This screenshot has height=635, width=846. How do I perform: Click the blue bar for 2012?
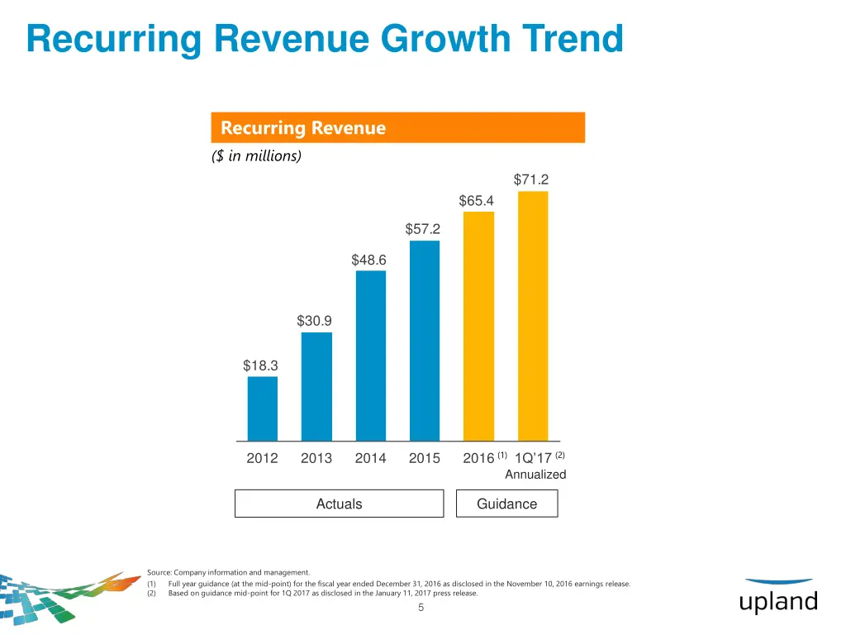[x=263, y=408]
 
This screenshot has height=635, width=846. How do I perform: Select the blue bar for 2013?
[x=316, y=386]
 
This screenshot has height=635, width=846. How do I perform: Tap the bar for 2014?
[x=371, y=356]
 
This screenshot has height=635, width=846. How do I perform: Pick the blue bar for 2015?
[x=425, y=341]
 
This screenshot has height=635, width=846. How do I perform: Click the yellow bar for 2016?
[x=478, y=326]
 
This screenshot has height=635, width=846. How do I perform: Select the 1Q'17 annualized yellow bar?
[x=533, y=316]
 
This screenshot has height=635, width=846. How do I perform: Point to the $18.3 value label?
[x=260, y=365]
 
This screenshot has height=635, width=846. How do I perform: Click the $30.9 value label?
[x=315, y=320]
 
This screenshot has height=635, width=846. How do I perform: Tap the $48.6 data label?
[x=368, y=260]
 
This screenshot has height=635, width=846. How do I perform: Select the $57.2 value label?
[x=423, y=228]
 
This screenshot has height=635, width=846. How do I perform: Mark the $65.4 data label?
[x=477, y=200]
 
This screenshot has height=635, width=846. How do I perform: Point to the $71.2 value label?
[x=531, y=179]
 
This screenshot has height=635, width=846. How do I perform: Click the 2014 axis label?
[x=370, y=458]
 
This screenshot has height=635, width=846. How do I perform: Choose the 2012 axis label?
[x=262, y=458]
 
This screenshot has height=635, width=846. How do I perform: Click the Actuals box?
[x=339, y=504]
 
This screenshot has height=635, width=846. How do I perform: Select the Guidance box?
[x=506, y=504]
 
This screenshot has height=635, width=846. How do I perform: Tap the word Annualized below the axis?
[x=535, y=475]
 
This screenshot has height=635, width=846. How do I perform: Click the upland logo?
[x=778, y=597]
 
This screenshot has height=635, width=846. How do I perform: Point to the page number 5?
[x=421, y=609]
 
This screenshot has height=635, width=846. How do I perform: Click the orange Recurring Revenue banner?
[x=397, y=128]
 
